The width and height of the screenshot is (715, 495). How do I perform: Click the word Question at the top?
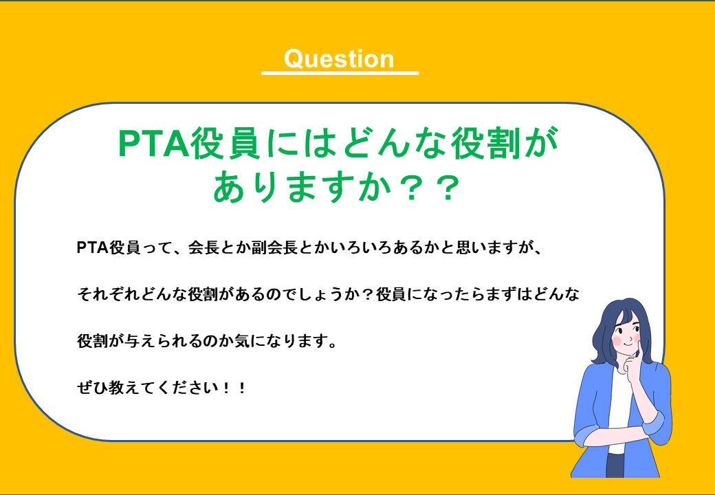click(x=339, y=58)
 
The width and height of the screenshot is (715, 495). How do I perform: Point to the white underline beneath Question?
click(x=340, y=72)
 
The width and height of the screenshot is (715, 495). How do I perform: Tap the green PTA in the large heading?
click(x=148, y=145)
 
